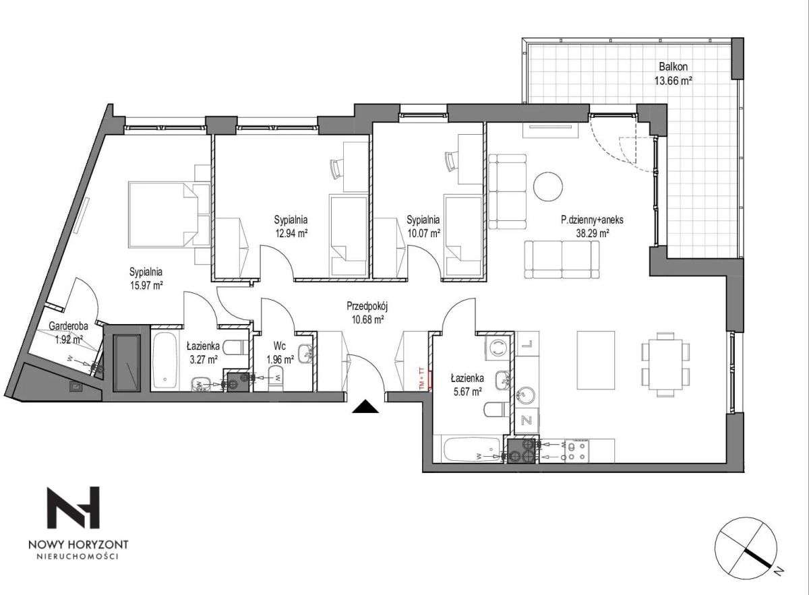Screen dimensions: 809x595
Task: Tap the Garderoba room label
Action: point(68,326)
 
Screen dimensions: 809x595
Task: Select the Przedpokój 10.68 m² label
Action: point(367,313)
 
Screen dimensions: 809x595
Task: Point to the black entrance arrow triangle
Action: point(365,406)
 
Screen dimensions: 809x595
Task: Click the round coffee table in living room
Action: point(548,187)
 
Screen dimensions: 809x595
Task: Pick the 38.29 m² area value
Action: point(593,233)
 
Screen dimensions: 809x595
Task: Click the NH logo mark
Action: point(73,507)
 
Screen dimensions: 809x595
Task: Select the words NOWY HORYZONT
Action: point(78,544)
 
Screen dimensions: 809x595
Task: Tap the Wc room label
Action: point(280,346)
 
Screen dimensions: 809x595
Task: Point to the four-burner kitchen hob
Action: point(577,451)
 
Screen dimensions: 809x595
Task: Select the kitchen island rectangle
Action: point(595,361)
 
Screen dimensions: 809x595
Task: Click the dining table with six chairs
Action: point(665,365)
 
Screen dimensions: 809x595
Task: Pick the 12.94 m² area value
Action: point(291,233)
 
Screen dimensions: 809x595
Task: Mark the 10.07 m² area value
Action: point(423,233)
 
